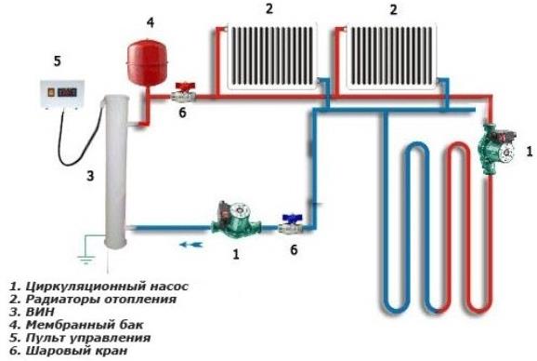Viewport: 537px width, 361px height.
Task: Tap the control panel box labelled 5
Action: [x=57, y=95]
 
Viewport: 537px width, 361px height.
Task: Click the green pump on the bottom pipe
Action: [x=227, y=221]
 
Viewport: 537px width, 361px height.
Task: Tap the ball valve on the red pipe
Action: [x=183, y=92]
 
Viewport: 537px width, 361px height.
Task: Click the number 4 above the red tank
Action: [x=151, y=20]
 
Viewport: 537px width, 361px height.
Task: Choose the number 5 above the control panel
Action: [x=57, y=61]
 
